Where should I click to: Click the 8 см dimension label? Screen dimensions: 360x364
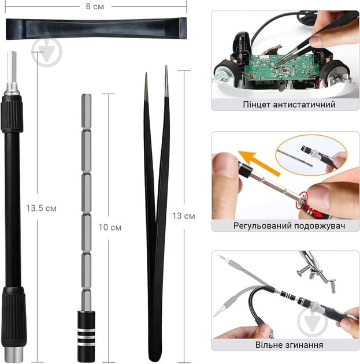coord(95,6)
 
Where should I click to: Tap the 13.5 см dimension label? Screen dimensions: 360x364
coord(41,208)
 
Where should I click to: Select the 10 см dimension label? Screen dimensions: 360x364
coord(110,228)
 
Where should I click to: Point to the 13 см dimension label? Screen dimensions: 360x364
coord(183,216)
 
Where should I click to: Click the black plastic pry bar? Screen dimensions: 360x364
coord(96,29)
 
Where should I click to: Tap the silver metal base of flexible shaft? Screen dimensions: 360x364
coord(14,355)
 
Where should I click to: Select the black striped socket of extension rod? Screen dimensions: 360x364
coord(86,336)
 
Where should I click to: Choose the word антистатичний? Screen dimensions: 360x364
coord(305,105)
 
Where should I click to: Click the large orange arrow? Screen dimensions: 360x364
coord(259,163)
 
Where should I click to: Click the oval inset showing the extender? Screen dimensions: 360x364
coord(311,155)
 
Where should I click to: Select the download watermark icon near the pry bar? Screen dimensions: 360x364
coord(47,51)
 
